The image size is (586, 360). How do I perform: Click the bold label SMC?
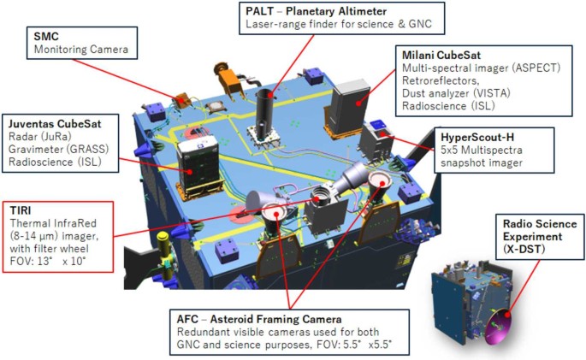[x=46, y=37]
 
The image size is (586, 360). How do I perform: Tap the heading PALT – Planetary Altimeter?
[x=316, y=11]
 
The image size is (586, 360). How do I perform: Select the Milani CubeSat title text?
[x=441, y=56]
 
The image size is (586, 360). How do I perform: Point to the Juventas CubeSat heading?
[x=55, y=124]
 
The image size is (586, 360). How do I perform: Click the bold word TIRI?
[x=21, y=210]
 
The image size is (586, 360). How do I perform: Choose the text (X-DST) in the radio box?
[x=524, y=249]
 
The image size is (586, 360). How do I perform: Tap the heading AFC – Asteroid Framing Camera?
[x=259, y=319]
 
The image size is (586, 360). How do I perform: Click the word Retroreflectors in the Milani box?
[x=441, y=80]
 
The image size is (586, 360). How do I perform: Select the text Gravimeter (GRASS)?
[x=58, y=150]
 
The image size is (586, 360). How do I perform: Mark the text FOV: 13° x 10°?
[x=48, y=262]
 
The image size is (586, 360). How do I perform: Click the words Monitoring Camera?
[x=81, y=50]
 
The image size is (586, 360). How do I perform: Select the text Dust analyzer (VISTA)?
[x=456, y=93]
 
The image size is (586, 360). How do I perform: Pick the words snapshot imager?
[x=482, y=162]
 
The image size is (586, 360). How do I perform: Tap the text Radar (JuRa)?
[x=39, y=137]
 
